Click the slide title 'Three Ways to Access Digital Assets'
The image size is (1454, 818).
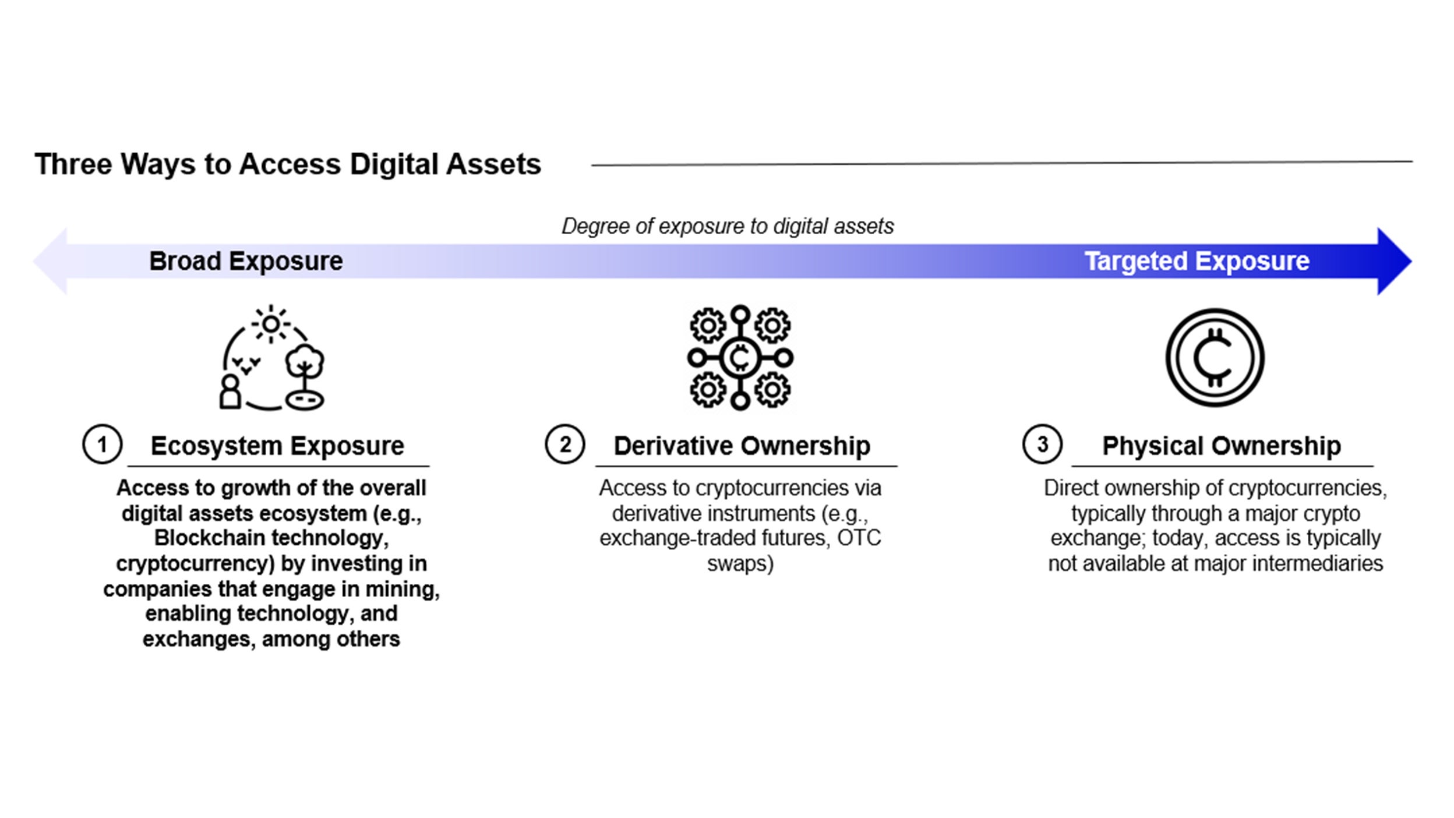[288, 164]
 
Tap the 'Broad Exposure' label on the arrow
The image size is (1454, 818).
[246, 262]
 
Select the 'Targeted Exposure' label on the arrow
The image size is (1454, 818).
[1197, 262]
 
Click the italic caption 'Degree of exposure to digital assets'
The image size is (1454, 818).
[728, 226]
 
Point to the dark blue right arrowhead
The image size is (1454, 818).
[1394, 262]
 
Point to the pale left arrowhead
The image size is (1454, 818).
[50, 262]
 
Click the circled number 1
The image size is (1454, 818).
[102, 445]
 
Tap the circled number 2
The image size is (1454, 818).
[564, 445]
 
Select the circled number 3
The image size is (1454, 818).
[1042, 445]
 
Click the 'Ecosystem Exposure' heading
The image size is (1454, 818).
[277, 446]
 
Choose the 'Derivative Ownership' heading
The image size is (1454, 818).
[742, 446]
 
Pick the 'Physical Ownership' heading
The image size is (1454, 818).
[1222, 446]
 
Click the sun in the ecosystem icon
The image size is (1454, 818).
[271, 324]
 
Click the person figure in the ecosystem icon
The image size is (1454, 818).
[230, 392]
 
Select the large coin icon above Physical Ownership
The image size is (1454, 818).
[1215, 358]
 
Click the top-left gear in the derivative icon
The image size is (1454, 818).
[708, 326]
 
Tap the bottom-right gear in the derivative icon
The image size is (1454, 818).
[772, 390]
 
